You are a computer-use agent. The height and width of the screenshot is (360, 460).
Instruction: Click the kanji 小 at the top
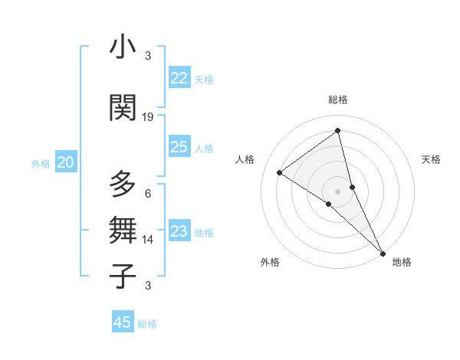pos(123,47)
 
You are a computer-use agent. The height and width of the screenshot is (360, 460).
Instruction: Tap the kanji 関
pos(123,107)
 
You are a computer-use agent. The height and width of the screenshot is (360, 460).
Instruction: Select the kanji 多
pos(123,185)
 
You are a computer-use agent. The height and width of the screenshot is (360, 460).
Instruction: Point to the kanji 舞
pos(123,229)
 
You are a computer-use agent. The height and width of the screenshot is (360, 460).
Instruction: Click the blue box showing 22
pos(179,78)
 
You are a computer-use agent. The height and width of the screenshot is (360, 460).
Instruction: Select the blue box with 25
pos(179,147)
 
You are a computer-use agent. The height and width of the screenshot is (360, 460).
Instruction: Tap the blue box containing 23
pos(179,231)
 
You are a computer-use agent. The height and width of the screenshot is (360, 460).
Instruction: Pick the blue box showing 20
pos(66,162)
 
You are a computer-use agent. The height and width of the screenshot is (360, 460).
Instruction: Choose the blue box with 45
pos(123,322)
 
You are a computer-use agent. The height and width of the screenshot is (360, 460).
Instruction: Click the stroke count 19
pos(148,117)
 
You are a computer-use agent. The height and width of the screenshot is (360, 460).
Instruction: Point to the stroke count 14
pos(148,240)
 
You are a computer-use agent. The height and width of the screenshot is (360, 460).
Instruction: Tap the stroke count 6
pos(148,194)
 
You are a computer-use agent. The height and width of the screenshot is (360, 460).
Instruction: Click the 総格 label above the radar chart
pos(338,100)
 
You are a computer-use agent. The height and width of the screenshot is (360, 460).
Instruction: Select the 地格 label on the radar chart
pos(402,262)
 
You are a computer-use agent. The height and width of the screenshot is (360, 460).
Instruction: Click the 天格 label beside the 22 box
pos(204,79)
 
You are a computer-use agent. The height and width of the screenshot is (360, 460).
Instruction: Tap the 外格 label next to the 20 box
pos(41,163)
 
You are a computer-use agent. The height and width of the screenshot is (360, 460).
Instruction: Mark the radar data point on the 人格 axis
pos(280,172)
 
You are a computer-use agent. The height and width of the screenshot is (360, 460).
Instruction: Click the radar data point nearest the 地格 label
pos(383,252)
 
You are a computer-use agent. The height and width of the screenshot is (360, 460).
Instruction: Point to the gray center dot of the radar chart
pos(338,190)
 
